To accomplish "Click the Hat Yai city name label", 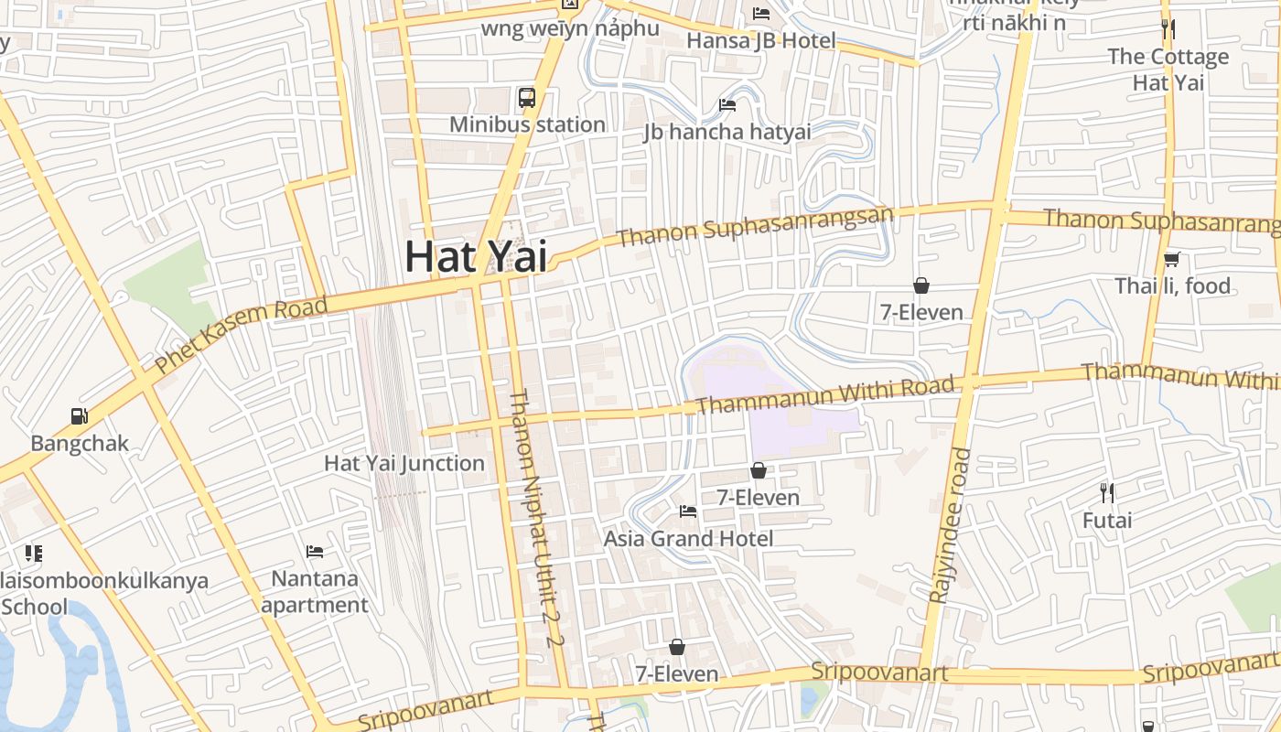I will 476,256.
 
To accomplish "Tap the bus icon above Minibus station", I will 527,98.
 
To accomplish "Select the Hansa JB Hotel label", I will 760,40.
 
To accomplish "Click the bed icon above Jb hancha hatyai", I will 727,104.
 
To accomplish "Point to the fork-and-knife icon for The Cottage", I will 1168,28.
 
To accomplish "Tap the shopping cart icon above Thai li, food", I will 1171,259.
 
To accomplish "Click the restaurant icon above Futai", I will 1107,493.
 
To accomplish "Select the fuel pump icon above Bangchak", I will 80,416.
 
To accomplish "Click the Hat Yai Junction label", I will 404,463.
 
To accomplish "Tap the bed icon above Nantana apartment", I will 315,552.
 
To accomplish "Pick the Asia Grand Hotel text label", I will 688,538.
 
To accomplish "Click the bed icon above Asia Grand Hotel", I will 688,511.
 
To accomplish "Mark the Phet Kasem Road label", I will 241,335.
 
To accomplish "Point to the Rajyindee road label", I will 950,525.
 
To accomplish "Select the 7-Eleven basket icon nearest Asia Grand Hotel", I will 759,470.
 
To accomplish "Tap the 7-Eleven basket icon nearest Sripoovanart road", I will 677,647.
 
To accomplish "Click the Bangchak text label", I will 80,444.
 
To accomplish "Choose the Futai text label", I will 1107,521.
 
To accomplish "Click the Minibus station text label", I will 527,124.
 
